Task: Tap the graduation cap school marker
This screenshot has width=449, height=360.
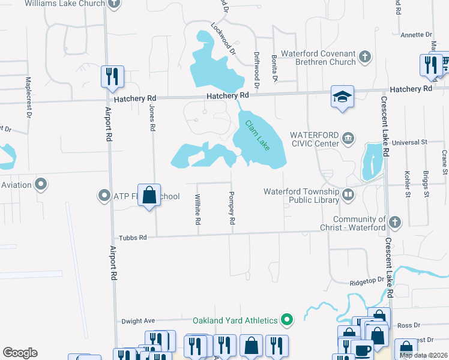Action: coord(343,97)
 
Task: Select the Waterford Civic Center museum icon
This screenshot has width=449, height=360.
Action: coord(348,139)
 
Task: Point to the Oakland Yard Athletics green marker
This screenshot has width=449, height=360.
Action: coord(287,320)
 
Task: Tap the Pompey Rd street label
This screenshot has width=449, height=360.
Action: coord(231,209)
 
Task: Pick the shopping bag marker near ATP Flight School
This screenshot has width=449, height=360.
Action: coord(149,194)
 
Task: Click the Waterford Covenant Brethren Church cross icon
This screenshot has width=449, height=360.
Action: coord(364,58)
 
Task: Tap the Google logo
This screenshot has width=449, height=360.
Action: coord(20,353)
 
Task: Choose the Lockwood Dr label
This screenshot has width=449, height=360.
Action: coord(221,35)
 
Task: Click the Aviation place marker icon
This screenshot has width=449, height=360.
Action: coord(41,184)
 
